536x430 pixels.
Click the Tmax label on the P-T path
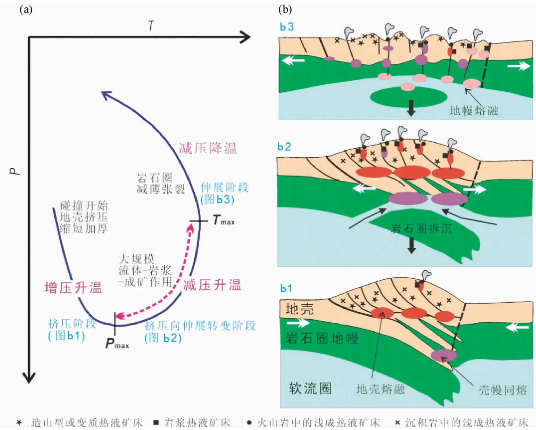[224, 221]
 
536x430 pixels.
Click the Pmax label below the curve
[117, 344]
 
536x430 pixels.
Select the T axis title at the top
[151, 26]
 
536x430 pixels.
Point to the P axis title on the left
[15, 171]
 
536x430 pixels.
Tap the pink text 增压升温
[73, 288]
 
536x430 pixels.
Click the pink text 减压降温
[208, 148]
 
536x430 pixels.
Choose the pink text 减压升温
[212, 285]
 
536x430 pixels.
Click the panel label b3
[287, 27]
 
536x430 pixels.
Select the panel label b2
[284, 147]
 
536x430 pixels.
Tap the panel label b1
[286, 288]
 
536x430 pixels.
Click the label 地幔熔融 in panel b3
[474, 110]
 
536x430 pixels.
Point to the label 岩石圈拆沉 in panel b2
[421, 229]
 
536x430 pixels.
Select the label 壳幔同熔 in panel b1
[502, 390]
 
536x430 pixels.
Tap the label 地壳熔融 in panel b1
[380, 389]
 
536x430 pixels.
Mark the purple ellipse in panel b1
[444, 355]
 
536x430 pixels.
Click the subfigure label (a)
[26, 10]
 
